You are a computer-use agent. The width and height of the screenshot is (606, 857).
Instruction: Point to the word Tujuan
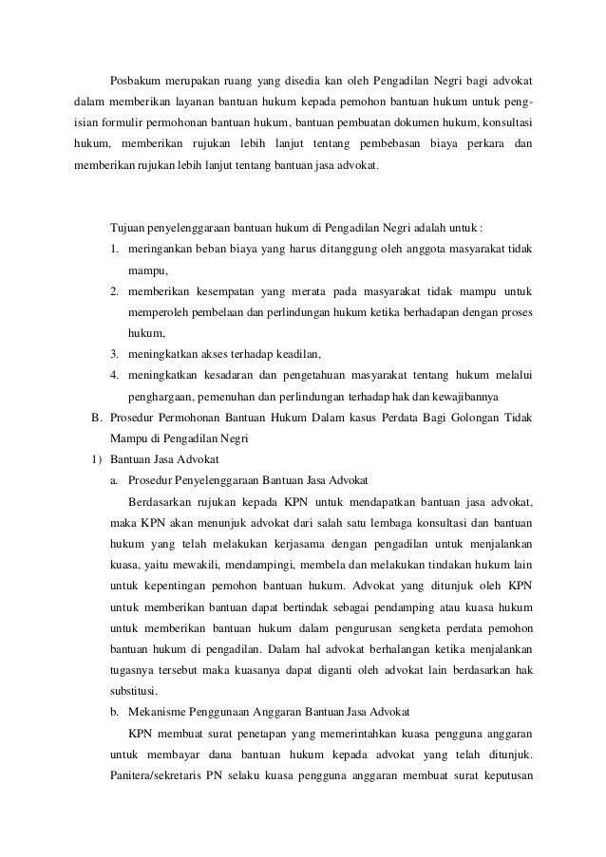(x=130, y=229)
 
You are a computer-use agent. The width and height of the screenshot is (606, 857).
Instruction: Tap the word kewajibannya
(x=483, y=396)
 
